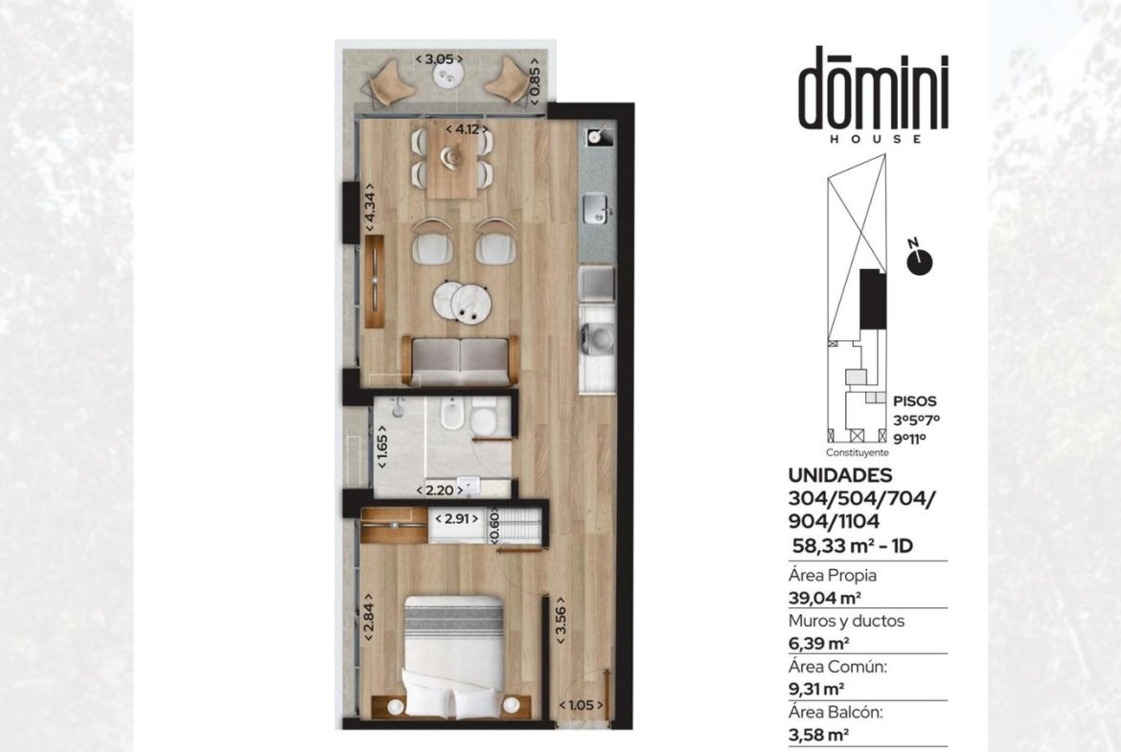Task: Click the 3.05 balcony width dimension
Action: (439, 59)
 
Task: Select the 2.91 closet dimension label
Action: (457, 519)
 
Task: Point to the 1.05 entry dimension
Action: (581, 705)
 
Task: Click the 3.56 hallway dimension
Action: (561, 620)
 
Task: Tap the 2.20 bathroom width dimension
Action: (439, 490)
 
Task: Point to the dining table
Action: (452, 159)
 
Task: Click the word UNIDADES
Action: (840, 475)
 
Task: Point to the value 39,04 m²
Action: (824, 599)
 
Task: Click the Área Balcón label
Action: (835, 712)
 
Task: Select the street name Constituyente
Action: (858, 452)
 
